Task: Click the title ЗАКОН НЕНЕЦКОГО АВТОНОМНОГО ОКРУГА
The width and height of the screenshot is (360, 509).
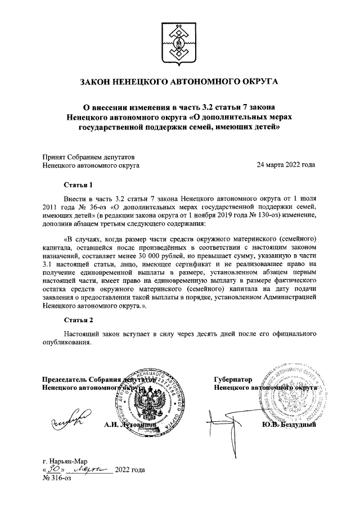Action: coord(179,82)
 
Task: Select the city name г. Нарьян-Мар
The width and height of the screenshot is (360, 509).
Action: coord(67,461)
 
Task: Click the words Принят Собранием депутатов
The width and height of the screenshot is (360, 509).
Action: coord(88,157)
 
